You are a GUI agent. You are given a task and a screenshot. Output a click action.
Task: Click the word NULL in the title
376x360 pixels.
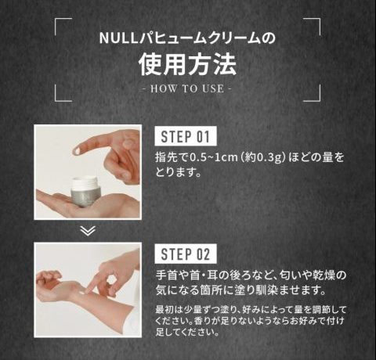(118, 38)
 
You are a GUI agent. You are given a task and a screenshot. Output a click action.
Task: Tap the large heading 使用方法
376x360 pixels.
(188, 64)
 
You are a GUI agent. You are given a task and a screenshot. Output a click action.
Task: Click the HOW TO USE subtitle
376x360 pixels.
(187, 88)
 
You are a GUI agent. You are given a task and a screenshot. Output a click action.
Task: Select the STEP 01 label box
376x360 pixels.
(186, 136)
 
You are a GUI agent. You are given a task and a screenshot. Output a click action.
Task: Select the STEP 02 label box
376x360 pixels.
(186, 254)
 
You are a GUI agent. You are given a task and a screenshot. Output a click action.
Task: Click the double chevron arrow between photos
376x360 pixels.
(88, 231)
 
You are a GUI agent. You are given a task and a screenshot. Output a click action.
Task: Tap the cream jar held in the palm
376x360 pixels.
(85, 191)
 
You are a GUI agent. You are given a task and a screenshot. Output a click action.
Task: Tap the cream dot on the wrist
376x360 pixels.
(83, 293)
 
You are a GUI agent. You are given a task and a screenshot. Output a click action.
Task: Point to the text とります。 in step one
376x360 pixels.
(179, 172)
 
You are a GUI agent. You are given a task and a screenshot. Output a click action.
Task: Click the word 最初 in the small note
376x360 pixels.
(164, 310)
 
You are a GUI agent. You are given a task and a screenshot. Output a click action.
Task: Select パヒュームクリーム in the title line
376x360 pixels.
(199, 38)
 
